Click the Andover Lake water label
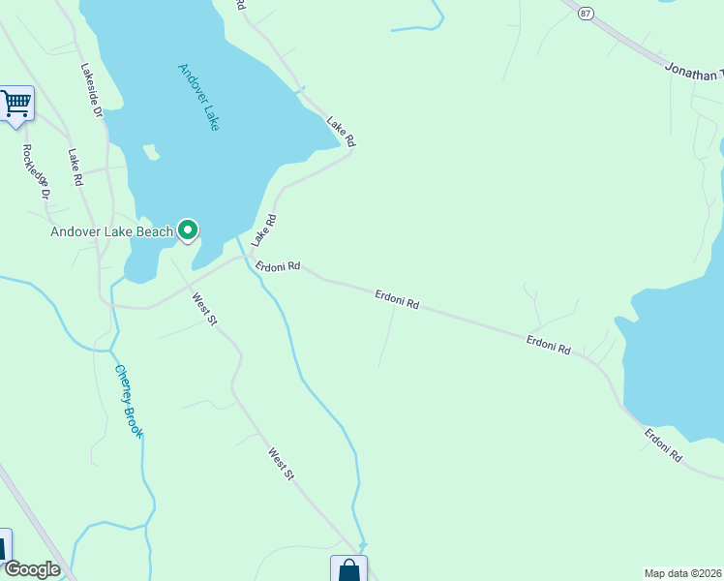199,98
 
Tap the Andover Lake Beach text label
112,231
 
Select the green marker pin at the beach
188,230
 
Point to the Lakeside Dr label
92,91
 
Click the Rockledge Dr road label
37,171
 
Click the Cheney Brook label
128,401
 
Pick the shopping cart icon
15,103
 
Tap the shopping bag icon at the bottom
348,571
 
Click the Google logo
31,569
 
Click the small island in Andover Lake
150,152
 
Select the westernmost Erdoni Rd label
278,265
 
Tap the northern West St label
203,310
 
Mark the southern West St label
282,462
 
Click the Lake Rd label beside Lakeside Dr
75,167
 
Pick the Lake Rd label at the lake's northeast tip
341,132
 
